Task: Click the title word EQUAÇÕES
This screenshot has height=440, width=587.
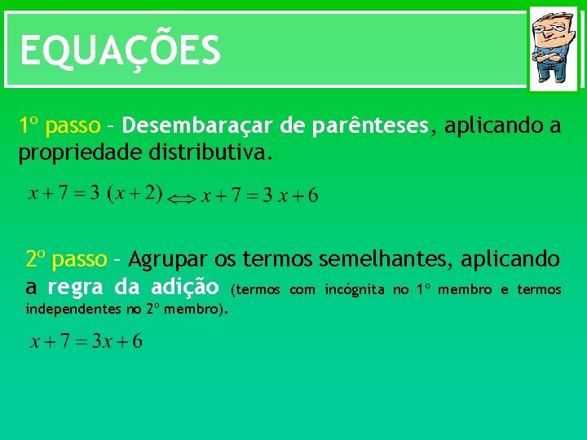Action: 120,51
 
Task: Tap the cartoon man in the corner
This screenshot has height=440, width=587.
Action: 553,48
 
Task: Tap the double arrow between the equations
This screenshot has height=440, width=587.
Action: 183,197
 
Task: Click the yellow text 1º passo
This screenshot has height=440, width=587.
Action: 60,126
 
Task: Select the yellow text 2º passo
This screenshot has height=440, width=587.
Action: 66,260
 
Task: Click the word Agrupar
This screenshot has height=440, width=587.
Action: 169,260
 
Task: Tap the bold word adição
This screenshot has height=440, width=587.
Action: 185,287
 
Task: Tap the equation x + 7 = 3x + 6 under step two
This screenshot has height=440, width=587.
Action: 86,341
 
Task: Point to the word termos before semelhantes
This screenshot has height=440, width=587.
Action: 280,260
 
